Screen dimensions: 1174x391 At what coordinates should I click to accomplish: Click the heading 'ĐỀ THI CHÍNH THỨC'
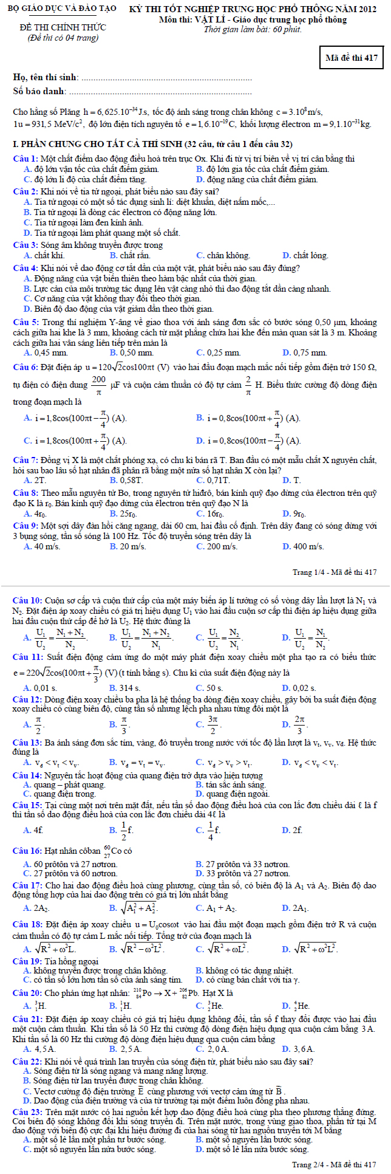point(63,27)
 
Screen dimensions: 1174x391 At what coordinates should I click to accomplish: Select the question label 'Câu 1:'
point(26,159)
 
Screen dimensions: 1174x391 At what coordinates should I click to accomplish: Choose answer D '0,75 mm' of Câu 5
point(309,352)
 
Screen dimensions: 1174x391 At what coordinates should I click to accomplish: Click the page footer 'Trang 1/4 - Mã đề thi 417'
point(335,572)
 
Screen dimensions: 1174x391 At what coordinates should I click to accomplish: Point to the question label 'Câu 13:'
point(28,743)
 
